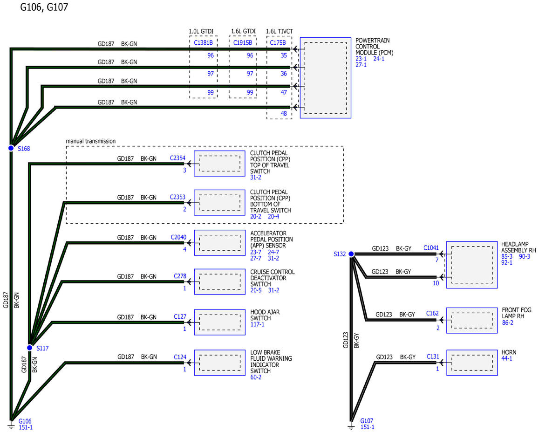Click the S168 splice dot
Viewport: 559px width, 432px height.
[x=11, y=148]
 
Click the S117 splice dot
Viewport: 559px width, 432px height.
[x=29, y=348]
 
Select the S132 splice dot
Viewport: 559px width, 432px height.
[x=351, y=254]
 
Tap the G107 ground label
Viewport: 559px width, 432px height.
[x=367, y=421]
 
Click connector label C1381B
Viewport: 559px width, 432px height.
[x=204, y=43]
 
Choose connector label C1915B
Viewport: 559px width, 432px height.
[x=243, y=43]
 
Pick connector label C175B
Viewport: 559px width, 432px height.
[x=278, y=43]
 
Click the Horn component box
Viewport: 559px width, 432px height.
[x=471, y=363]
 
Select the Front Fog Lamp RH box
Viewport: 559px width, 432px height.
[x=471, y=320]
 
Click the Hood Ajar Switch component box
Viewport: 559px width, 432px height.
[x=219, y=322]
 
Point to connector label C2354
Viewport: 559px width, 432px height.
[x=178, y=158]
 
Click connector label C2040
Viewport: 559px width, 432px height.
[x=178, y=237]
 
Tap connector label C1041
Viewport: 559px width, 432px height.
[x=431, y=248]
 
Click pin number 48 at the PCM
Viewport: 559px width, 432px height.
[x=284, y=113]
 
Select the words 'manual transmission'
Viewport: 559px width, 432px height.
[x=90, y=141]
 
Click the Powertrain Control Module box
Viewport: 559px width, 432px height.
[x=325, y=77]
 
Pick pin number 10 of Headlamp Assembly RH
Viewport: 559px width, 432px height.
[x=436, y=283]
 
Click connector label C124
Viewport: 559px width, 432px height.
[x=180, y=357]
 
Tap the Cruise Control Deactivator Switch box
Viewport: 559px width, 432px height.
[x=219, y=281]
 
